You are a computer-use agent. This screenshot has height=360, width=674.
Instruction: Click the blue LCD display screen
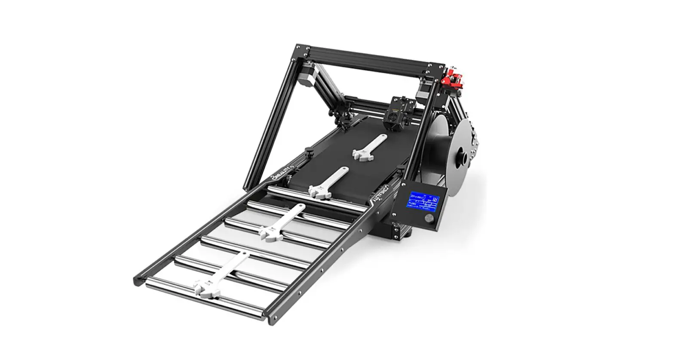pos(424,201)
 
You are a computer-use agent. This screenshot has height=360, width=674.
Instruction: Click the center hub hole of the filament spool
pos(463,157)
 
